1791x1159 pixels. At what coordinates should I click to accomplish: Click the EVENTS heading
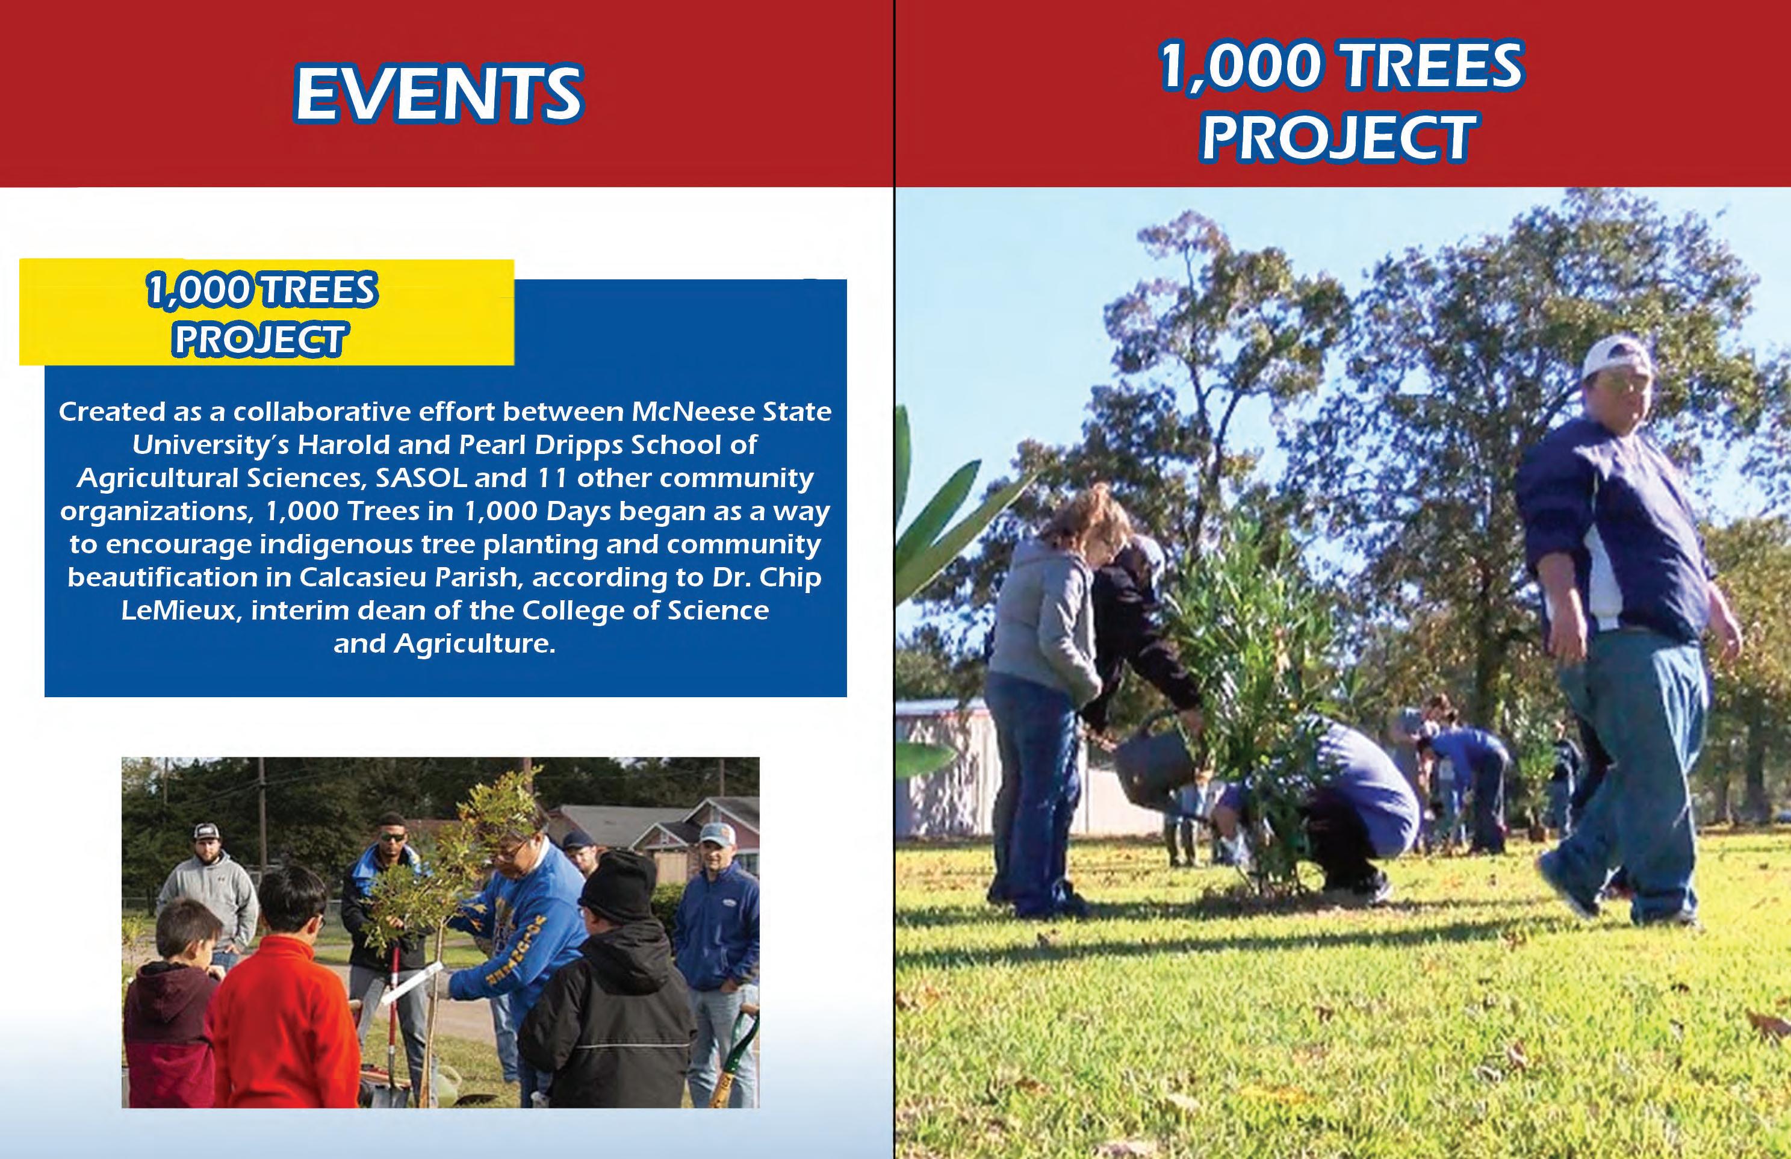click(438, 93)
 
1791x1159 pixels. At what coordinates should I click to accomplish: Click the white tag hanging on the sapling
click(410, 982)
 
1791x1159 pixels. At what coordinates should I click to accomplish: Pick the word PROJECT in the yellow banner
click(259, 340)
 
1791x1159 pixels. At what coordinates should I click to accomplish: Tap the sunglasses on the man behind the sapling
click(392, 836)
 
